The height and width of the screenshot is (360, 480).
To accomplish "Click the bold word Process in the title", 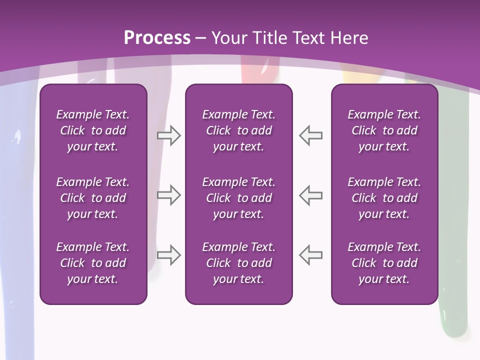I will click(157, 38).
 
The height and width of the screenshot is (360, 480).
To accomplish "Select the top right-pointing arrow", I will click(168, 135).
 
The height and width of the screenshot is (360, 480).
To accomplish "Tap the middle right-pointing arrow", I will click(168, 195).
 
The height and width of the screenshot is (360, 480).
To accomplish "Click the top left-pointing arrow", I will click(310, 135).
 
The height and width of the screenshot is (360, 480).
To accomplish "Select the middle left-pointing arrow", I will click(310, 195).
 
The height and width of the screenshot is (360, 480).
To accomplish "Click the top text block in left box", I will click(93, 130).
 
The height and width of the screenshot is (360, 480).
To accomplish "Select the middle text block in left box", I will click(93, 198).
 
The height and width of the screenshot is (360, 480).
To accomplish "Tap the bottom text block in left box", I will click(93, 263).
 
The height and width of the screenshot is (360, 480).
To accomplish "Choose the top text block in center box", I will click(238, 130).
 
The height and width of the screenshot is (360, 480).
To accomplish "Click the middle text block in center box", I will click(238, 198).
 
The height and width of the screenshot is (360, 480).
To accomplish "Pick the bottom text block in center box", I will click(238, 263).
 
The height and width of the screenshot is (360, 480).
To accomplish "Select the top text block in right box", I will click(384, 130).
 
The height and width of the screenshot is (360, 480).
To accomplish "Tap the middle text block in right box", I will click(384, 198).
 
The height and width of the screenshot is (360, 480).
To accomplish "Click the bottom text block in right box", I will click(384, 263).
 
